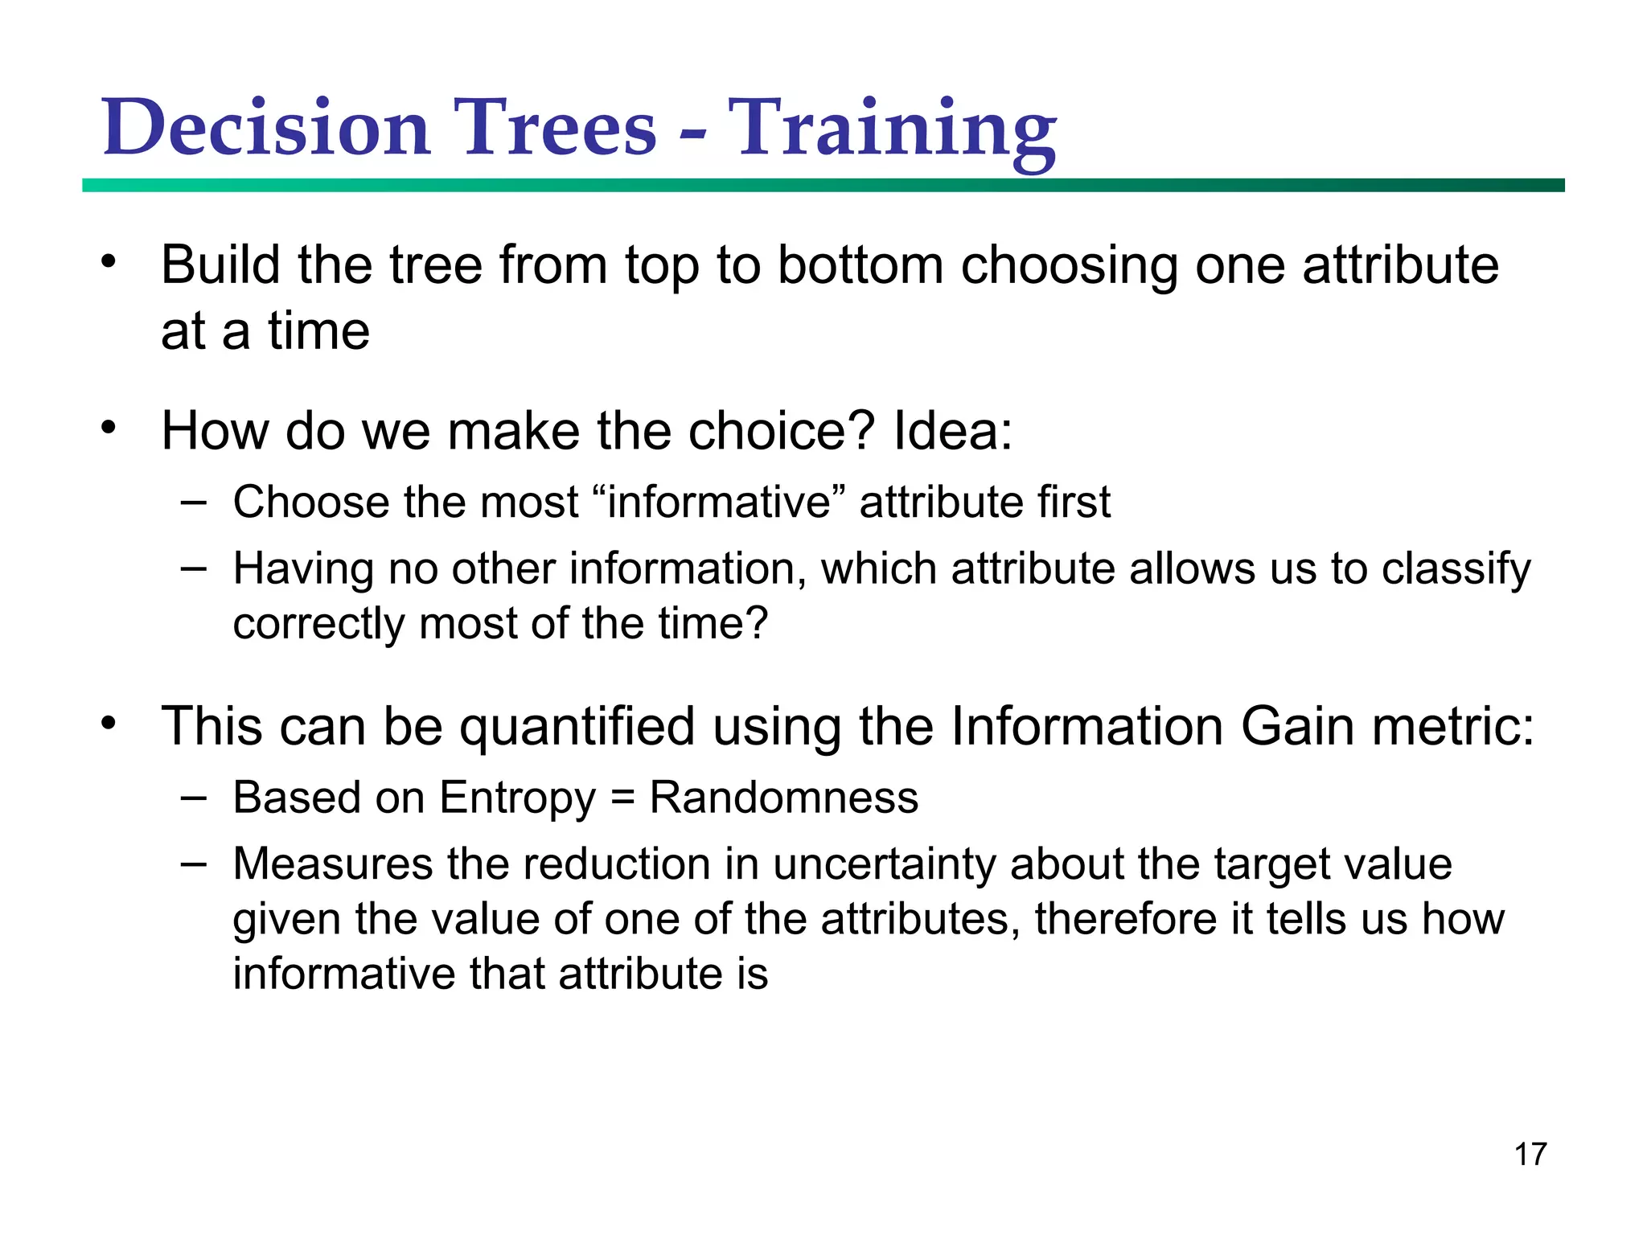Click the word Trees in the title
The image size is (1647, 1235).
[x=555, y=129]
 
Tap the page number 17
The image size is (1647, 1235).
[x=1530, y=1154]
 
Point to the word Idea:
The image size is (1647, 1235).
[x=952, y=431]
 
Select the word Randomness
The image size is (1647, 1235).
[x=783, y=798]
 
